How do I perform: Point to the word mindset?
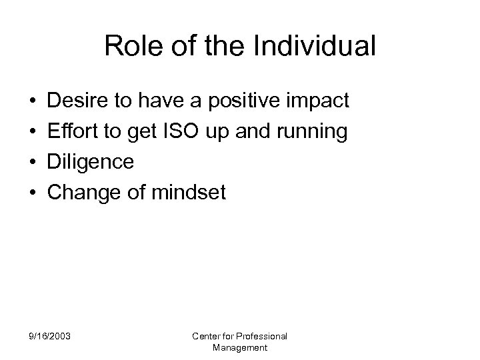[188, 193]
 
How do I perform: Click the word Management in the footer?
[239, 348]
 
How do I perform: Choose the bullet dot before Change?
[33, 193]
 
